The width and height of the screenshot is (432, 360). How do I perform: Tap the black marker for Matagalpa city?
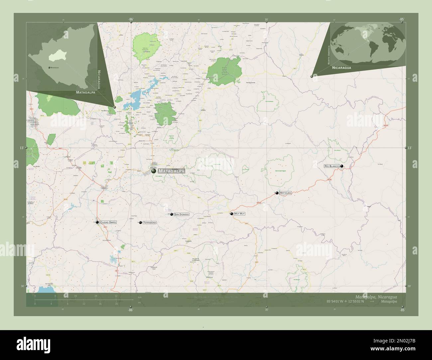point(154,171)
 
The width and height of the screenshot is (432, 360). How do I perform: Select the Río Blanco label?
point(331,166)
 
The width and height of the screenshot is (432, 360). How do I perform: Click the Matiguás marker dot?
point(277,193)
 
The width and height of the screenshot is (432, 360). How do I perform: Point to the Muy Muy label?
point(239,214)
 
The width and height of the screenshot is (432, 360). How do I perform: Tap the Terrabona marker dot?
point(141,223)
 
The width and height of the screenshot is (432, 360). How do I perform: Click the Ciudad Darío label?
point(108,222)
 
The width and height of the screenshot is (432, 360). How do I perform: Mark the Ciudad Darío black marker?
point(97,222)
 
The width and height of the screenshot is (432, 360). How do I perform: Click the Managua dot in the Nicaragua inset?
point(49,67)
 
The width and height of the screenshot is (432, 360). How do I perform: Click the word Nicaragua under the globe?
point(341,67)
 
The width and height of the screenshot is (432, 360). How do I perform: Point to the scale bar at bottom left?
point(76,300)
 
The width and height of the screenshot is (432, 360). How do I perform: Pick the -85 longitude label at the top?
point(402,19)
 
